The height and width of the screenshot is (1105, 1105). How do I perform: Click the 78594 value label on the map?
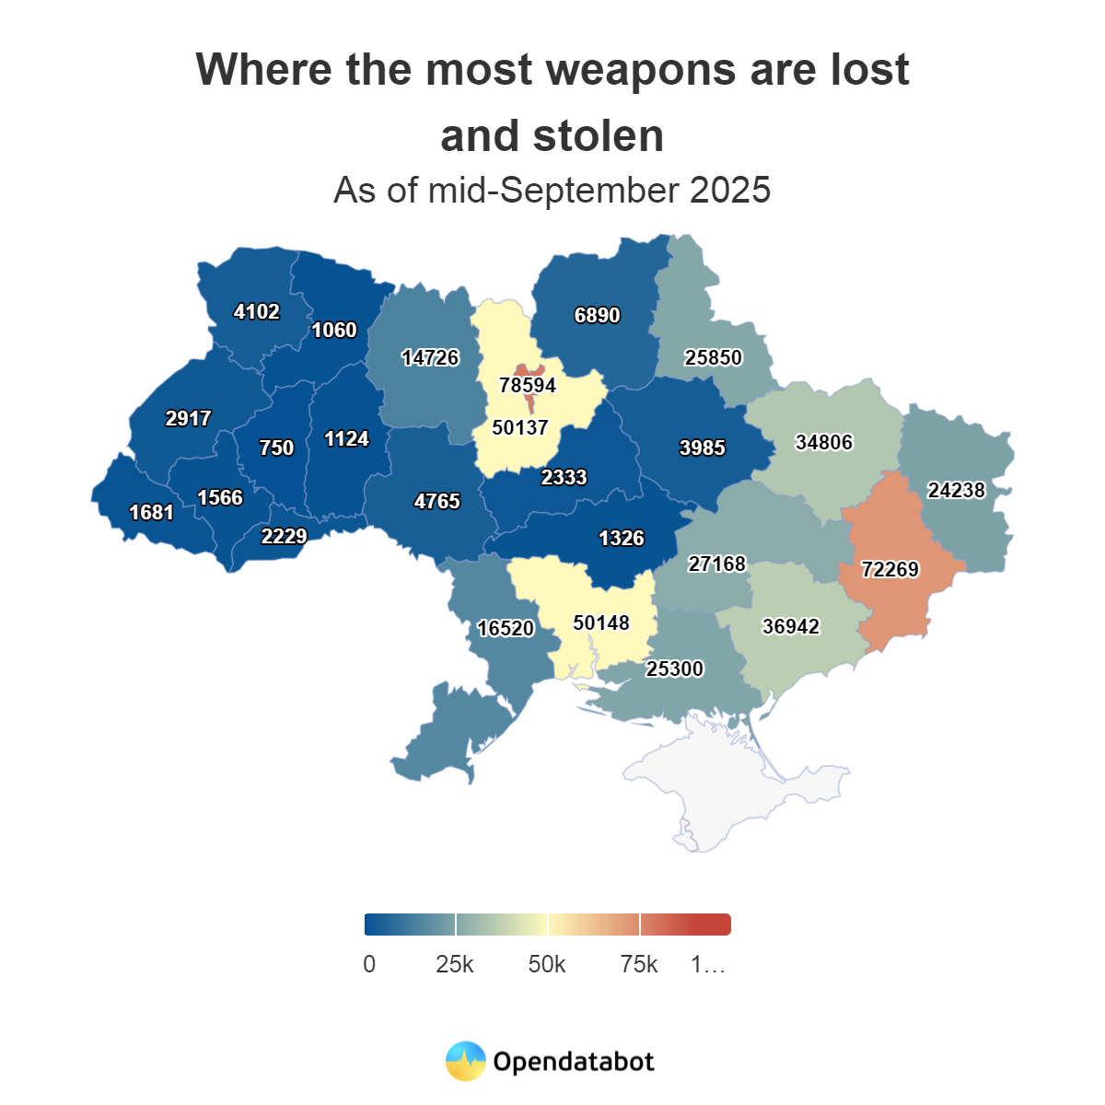click(528, 385)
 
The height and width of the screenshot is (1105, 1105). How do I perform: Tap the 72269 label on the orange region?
click(890, 569)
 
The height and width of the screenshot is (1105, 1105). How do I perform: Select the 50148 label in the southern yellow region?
click(600, 622)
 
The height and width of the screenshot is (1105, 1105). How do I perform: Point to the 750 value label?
click(276, 448)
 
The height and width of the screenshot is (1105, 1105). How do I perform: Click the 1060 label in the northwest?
click(333, 330)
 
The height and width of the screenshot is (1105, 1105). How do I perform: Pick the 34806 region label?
click(823, 442)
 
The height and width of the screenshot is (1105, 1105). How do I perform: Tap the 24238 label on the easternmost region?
click(956, 490)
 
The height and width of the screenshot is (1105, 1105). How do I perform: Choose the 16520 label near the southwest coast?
click(506, 628)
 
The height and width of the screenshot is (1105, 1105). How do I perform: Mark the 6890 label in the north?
click(597, 315)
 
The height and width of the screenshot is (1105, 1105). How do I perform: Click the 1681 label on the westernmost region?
click(151, 512)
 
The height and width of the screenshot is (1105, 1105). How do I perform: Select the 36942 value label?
click(790, 626)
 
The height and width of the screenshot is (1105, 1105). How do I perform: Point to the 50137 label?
click(520, 427)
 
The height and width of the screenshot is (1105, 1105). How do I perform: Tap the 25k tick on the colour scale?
click(455, 964)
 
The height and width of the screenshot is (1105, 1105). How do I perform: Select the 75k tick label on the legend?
click(639, 964)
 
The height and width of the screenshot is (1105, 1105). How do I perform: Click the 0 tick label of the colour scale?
click(369, 964)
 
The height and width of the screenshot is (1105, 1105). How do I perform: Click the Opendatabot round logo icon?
click(465, 1062)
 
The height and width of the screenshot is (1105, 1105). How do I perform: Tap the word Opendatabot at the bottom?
click(573, 1062)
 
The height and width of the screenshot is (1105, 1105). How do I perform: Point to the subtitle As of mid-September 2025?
click(552, 190)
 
